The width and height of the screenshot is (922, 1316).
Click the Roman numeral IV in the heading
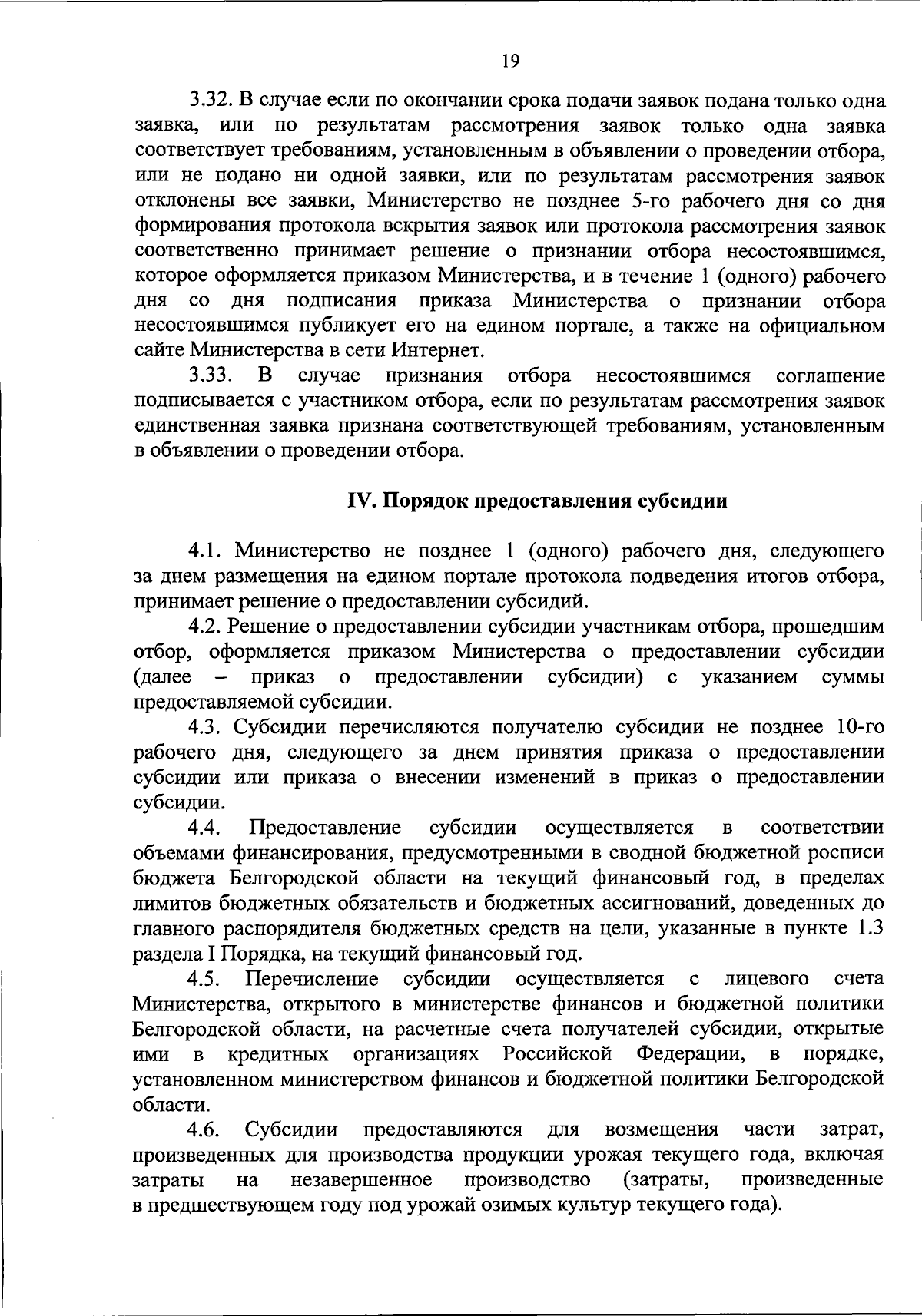coord(359,501)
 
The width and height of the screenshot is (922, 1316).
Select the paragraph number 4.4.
coord(206,828)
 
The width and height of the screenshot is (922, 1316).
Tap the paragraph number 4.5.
coord(206,979)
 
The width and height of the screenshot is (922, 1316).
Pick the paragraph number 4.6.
coord(206,1129)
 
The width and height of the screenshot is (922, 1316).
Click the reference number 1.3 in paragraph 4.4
coord(868,928)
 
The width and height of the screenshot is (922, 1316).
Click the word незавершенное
coord(361,1179)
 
